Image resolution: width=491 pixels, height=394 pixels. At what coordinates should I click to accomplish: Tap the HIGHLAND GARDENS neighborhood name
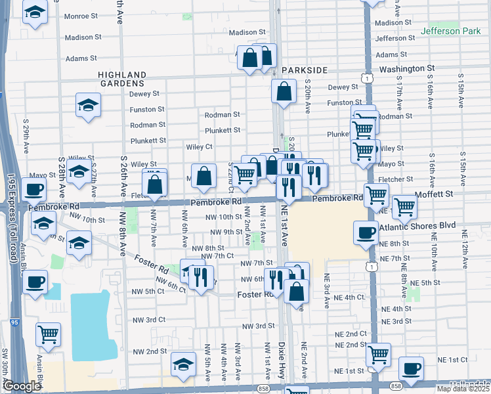tap(121, 79)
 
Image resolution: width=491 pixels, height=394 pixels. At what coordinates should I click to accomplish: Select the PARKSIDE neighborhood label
tap(304, 70)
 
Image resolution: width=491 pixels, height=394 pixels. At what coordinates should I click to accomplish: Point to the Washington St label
tap(407, 68)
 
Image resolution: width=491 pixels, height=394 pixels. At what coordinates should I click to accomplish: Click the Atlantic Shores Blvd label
tap(420, 225)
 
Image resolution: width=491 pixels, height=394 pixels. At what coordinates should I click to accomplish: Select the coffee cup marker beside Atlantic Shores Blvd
tap(366, 232)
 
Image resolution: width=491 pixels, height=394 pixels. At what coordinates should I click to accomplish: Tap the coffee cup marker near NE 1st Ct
tap(411, 368)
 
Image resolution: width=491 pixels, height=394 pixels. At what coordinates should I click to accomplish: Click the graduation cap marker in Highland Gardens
tap(88, 105)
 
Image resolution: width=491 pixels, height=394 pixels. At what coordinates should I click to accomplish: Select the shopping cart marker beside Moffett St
tap(404, 206)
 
